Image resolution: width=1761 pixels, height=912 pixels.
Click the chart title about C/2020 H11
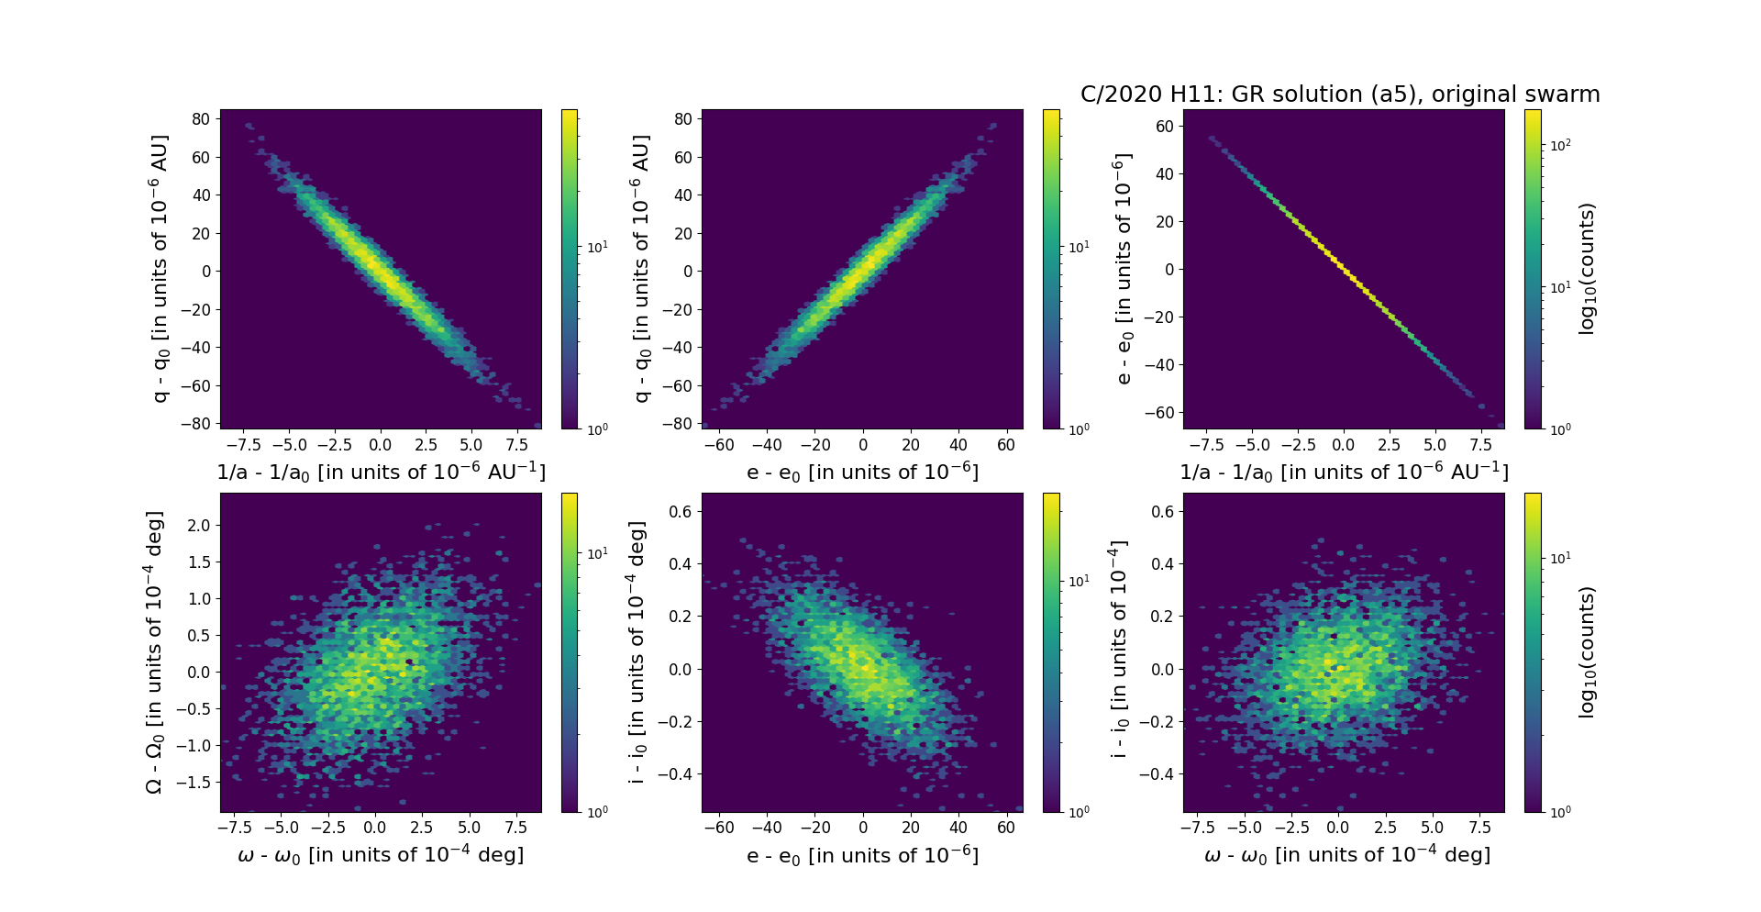[x=1340, y=95]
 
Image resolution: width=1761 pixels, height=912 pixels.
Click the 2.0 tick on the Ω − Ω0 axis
[x=199, y=526]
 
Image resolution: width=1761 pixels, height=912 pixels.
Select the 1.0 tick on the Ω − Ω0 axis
[x=199, y=599]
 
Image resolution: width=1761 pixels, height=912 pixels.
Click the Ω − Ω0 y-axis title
[x=155, y=652]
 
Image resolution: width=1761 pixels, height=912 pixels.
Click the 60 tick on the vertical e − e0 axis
[x=1164, y=127]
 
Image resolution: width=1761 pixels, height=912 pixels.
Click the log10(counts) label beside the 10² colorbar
[x=1588, y=269]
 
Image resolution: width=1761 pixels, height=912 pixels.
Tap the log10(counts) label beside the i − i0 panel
[x=1588, y=652]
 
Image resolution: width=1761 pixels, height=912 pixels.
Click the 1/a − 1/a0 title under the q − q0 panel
[x=381, y=472]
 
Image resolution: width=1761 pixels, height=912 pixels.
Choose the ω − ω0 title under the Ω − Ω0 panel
[x=381, y=855]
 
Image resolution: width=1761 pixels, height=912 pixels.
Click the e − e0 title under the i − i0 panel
[x=862, y=855]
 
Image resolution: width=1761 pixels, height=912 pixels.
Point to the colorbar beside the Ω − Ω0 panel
[x=570, y=652]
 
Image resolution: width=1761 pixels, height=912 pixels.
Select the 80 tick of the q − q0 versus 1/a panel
[x=201, y=119]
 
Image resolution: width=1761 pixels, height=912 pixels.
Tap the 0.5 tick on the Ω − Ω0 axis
[x=199, y=636]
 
